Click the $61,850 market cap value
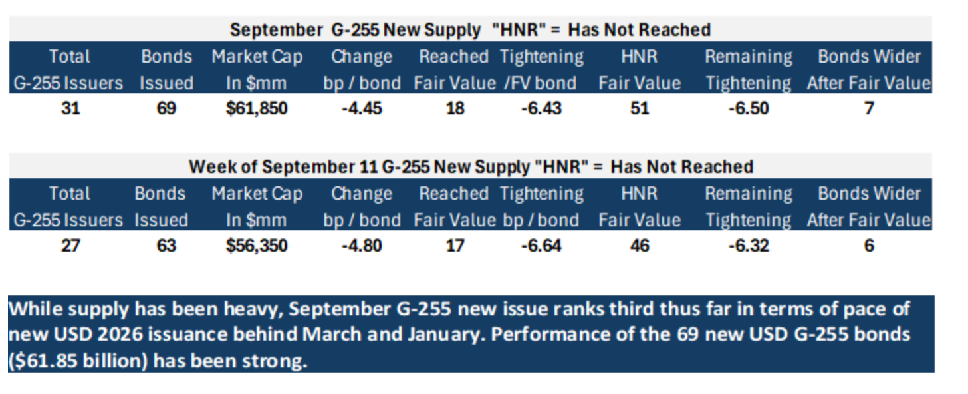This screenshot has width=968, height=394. tap(257, 108)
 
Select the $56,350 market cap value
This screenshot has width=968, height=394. tap(257, 246)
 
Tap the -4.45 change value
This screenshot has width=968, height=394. tap(362, 108)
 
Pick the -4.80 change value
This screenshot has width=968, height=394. tap(362, 246)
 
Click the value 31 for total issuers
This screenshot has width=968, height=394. tap(70, 108)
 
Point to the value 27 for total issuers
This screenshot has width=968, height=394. tap(70, 246)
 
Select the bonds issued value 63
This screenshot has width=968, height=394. tap(166, 246)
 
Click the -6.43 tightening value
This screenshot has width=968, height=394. tap(541, 108)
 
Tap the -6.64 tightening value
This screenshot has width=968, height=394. tap(541, 246)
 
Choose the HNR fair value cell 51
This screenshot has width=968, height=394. tap(640, 108)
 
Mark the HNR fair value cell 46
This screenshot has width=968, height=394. tap(640, 246)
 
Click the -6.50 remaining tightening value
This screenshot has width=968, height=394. tap(749, 108)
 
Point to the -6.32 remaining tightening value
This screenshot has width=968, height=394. tap(749, 246)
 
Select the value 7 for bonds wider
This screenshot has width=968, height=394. tap(869, 108)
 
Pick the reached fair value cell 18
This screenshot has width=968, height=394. tap(455, 108)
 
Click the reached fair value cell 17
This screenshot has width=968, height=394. tap(455, 246)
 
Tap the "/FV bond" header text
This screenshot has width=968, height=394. tap(540, 83)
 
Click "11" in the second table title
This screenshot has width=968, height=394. tap(368, 167)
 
